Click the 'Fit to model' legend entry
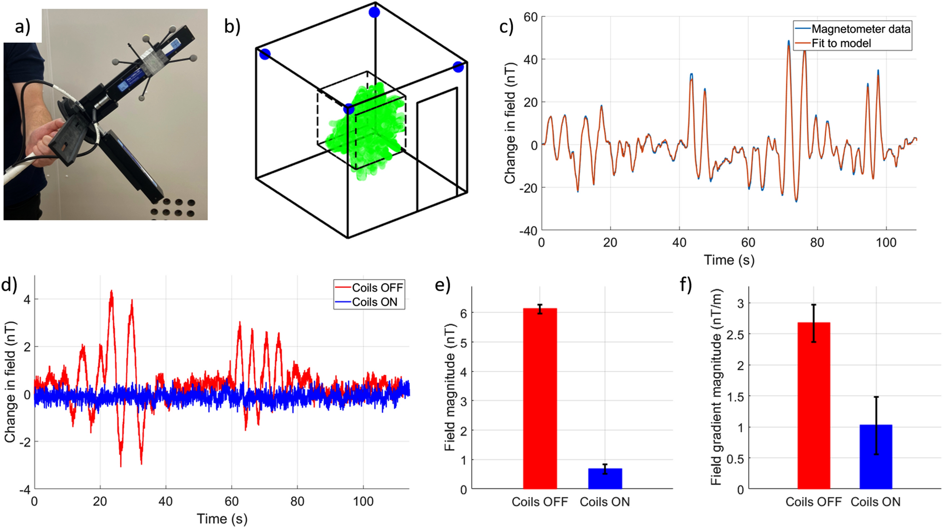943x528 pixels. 841,43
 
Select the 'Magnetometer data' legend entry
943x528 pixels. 860,29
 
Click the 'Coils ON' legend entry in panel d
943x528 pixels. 374,302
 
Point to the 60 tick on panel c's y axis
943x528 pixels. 530,17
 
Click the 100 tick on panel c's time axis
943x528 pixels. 886,242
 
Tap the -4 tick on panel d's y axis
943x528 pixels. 24,489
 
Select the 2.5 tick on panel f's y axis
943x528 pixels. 735,334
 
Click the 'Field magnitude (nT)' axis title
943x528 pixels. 450,388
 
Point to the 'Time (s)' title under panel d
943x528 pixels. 222,519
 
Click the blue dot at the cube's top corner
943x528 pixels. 374,12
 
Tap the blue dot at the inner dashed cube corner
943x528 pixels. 349,109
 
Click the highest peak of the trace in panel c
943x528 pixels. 788,42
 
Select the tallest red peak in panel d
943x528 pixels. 111,292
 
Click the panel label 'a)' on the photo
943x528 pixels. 22,27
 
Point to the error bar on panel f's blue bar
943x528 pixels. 876,425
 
